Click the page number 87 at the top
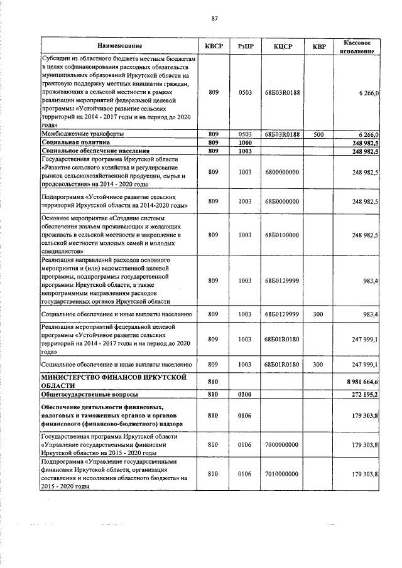tap(214, 18)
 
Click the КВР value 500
tap(318, 134)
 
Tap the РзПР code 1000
tap(245, 143)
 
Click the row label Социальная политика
tap(73, 143)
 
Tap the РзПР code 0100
tap(245, 395)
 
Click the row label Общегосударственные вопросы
tap(89, 395)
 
